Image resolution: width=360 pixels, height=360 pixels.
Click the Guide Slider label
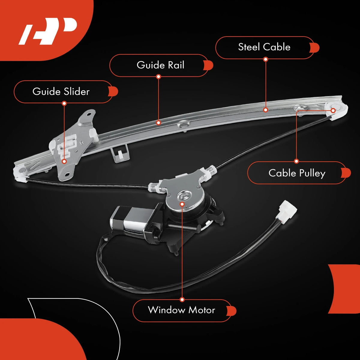click(61, 91)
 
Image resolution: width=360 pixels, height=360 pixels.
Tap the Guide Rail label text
click(160, 65)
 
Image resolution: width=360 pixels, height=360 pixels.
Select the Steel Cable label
click(264, 47)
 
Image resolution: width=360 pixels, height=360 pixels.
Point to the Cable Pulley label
click(297, 173)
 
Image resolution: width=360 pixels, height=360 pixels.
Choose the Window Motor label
click(181, 310)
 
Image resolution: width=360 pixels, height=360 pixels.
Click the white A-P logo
click(48, 31)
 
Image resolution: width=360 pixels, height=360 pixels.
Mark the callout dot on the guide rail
click(158, 123)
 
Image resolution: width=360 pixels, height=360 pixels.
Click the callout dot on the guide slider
click(64, 161)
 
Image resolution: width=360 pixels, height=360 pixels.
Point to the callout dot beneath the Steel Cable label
click(265, 59)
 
